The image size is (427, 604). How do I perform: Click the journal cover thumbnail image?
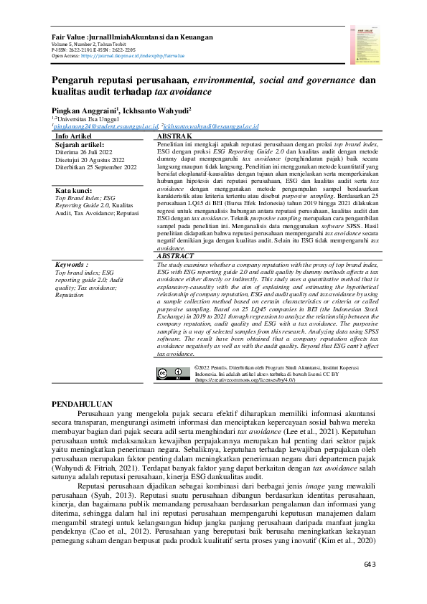pyautogui.click(x=362, y=39)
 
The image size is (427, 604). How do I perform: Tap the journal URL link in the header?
pyautogui.click(x=132, y=55)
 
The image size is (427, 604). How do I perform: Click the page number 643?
pyautogui.click(x=370, y=565)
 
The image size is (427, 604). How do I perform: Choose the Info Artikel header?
pyautogui.click(x=73, y=136)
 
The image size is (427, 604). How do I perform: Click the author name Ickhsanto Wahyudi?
pyautogui.click(x=159, y=111)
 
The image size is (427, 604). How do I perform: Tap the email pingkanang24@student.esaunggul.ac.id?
pyautogui.click(x=105, y=127)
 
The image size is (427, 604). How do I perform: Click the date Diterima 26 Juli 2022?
pyautogui.click(x=85, y=152)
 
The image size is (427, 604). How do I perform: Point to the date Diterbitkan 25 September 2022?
pyautogui.click(x=95, y=167)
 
